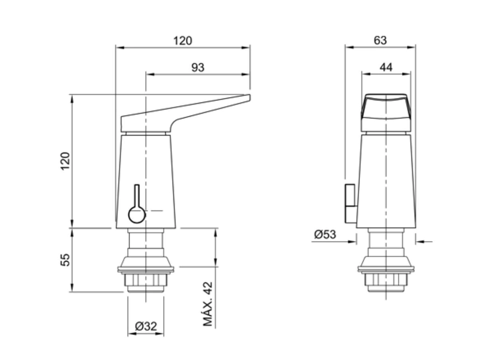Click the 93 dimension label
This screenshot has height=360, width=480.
click(198, 67)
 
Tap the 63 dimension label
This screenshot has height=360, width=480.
click(380, 40)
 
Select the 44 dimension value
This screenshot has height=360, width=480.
click(386, 67)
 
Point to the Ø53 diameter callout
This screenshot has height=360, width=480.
click(325, 234)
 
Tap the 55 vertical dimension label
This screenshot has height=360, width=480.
click(65, 260)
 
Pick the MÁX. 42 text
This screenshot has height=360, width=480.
click(208, 304)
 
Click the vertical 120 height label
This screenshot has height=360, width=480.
click(65, 161)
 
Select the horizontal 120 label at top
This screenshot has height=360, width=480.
click(182, 41)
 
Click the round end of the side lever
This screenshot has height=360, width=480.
click(137, 215)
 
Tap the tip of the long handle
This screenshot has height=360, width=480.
click(250, 98)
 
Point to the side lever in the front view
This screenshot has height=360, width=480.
click(350, 204)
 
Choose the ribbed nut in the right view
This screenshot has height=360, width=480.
click(386, 279)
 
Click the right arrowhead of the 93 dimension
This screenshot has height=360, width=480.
click(246, 74)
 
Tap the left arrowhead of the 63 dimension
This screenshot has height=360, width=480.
click(350, 47)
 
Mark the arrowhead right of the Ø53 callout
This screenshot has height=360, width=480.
click(420, 242)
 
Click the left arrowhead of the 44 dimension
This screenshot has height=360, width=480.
click(366, 74)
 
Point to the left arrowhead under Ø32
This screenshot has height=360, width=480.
click(132, 334)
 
